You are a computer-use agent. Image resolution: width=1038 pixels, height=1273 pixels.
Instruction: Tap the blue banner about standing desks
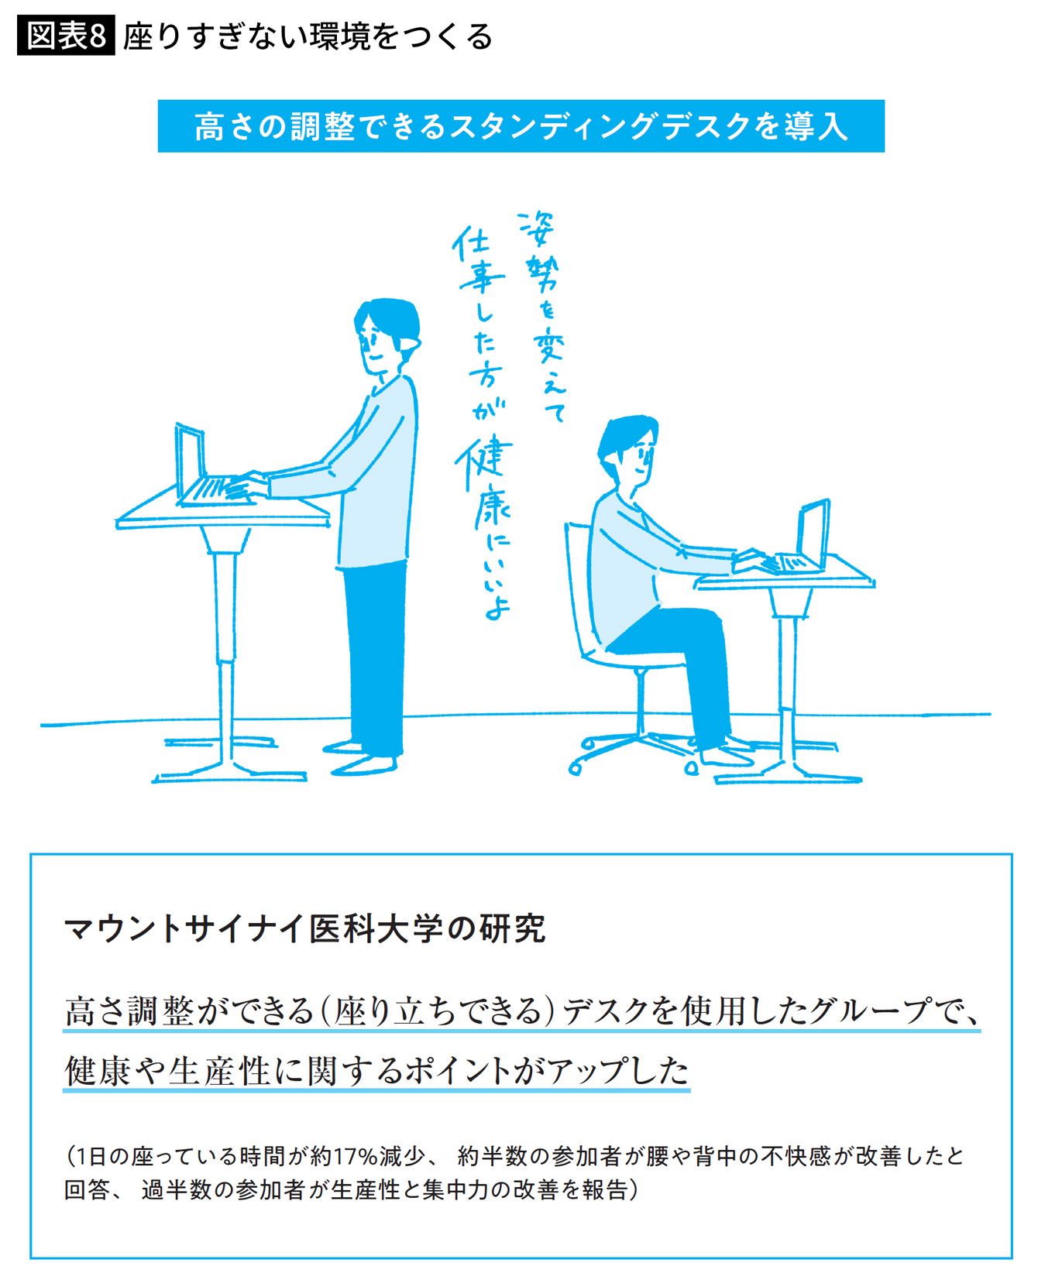pyautogui.click(x=521, y=126)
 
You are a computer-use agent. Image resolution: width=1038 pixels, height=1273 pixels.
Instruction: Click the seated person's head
pyautogui.click(x=628, y=453)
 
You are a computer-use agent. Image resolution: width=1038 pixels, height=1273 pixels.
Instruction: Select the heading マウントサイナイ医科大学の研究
pyautogui.click(x=305, y=928)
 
